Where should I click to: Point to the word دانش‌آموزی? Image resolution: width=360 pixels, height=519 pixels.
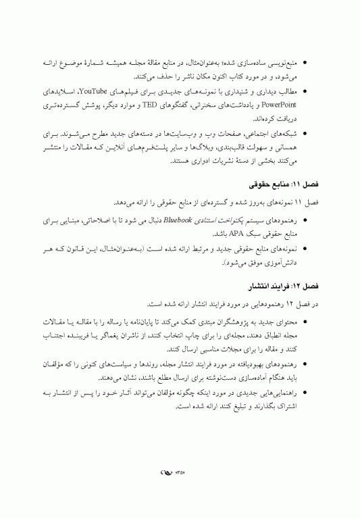(280, 263)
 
